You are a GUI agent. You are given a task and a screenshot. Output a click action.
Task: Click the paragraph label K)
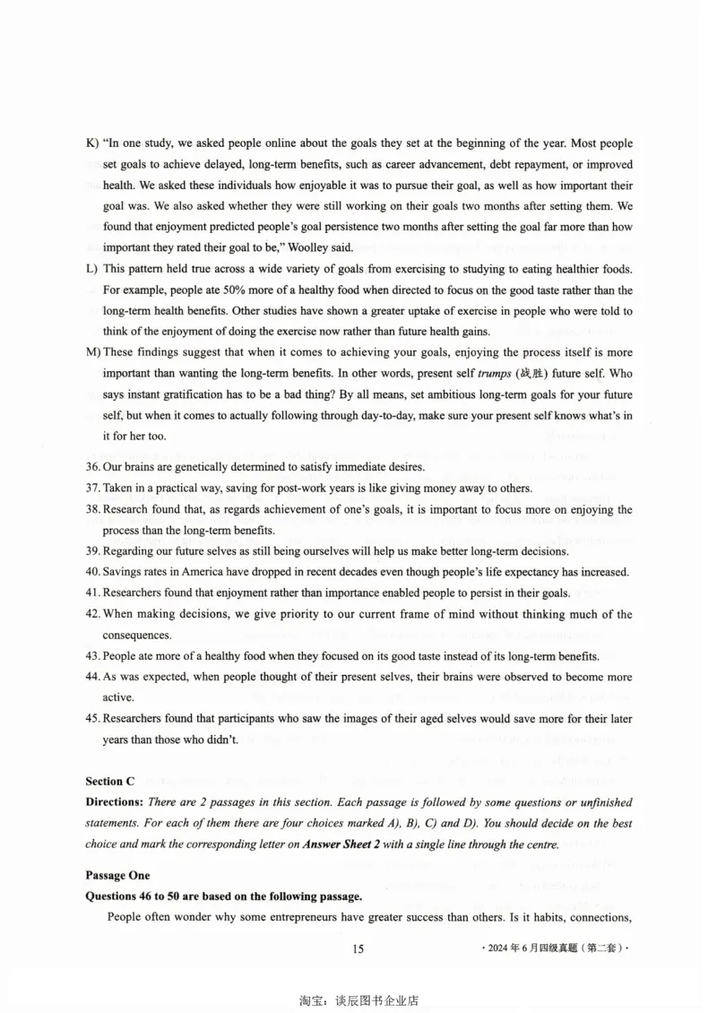click(x=91, y=143)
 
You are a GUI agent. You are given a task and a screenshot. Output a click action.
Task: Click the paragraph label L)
click(x=91, y=270)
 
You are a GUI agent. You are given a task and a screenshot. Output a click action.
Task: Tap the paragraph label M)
click(x=92, y=353)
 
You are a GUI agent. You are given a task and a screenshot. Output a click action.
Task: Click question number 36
click(x=92, y=467)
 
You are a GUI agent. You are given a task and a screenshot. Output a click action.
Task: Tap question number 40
click(x=92, y=572)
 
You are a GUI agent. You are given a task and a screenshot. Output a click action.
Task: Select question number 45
click(x=92, y=719)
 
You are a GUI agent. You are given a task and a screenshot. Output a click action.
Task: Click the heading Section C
click(x=110, y=781)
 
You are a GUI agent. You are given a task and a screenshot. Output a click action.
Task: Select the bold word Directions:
click(x=115, y=802)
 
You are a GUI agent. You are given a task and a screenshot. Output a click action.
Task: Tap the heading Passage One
click(x=117, y=875)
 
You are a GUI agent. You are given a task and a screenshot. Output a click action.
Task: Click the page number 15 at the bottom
click(x=358, y=950)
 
